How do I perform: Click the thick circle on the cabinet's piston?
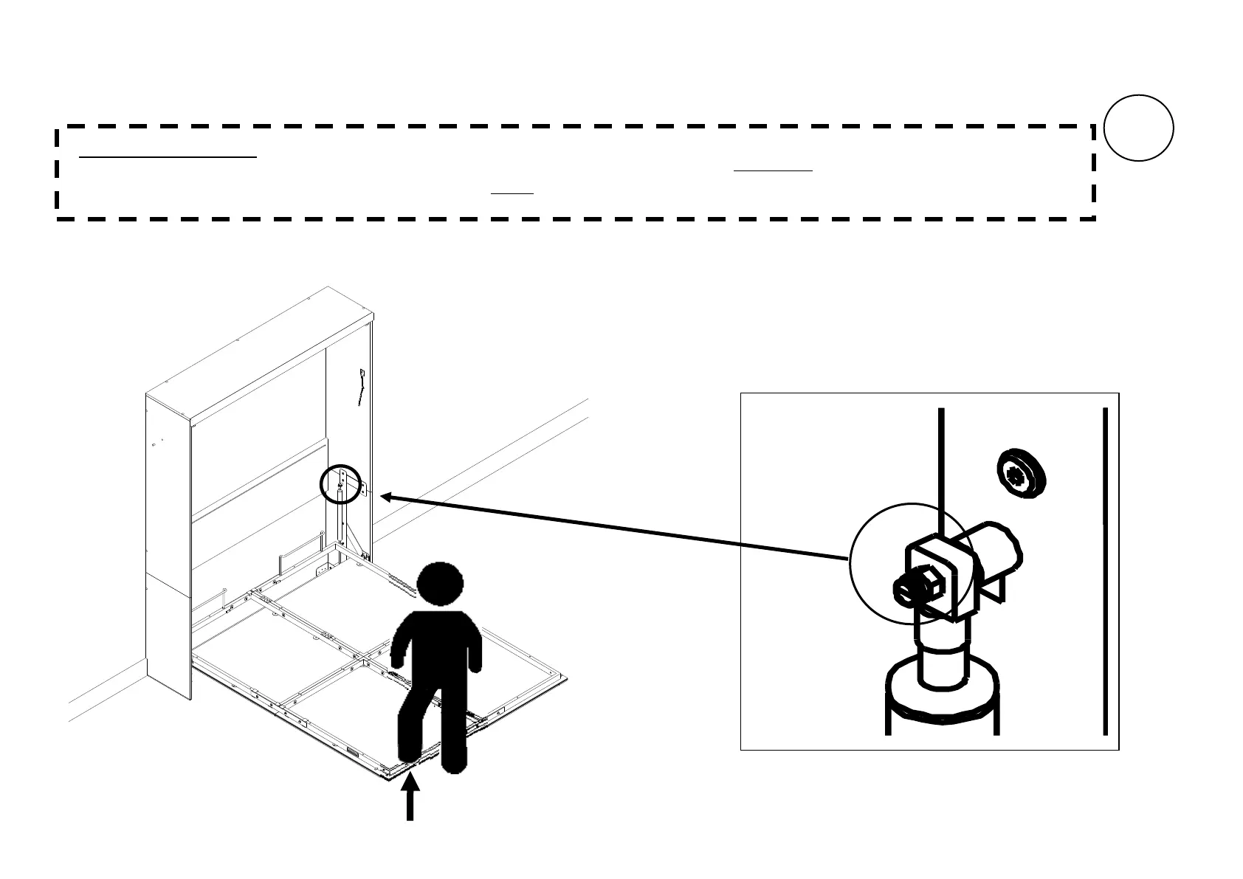click(x=342, y=483)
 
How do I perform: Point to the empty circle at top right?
click(x=1139, y=128)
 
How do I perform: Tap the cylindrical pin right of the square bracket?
click(x=996, y=550)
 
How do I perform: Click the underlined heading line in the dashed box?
click(x=168, y=156)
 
